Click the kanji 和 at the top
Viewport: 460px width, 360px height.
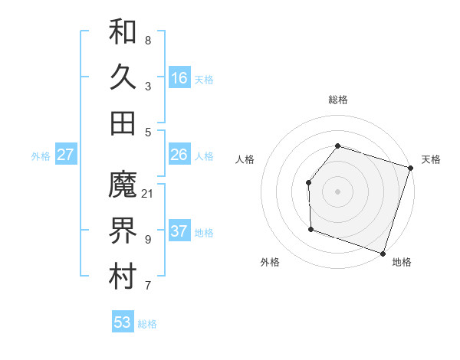[x=123, y=31]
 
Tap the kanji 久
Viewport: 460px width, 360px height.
[x=123, y=77]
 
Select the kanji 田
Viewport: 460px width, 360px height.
[x=123, y=123]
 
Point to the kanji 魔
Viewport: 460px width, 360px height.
[x=123, y=185]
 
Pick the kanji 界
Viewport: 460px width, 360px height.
[x=123, y=231]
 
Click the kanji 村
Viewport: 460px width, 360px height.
[x=123, y=277]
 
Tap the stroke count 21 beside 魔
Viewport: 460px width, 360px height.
[x=147, y=193]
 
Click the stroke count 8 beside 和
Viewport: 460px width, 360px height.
[x=147, y=40]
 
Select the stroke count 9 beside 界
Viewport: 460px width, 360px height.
[x=147, y=239]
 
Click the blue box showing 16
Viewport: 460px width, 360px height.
[x=179, y=78]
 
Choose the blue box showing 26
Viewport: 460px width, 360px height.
[x=179, y=155]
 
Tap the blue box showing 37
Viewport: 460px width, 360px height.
[x=179, y=231]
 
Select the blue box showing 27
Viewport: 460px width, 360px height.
[x=65, y=155]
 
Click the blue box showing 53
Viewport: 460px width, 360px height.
[x=123, y=322]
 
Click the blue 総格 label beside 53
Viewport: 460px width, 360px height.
[x=147, y=324]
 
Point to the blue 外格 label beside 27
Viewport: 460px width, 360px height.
[x=41, y=156]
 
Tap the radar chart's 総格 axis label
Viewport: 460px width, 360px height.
[x=337, y=100]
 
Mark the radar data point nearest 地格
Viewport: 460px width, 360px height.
[x=383, y=253]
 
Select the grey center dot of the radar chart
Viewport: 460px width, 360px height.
[x=337, y=191]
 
